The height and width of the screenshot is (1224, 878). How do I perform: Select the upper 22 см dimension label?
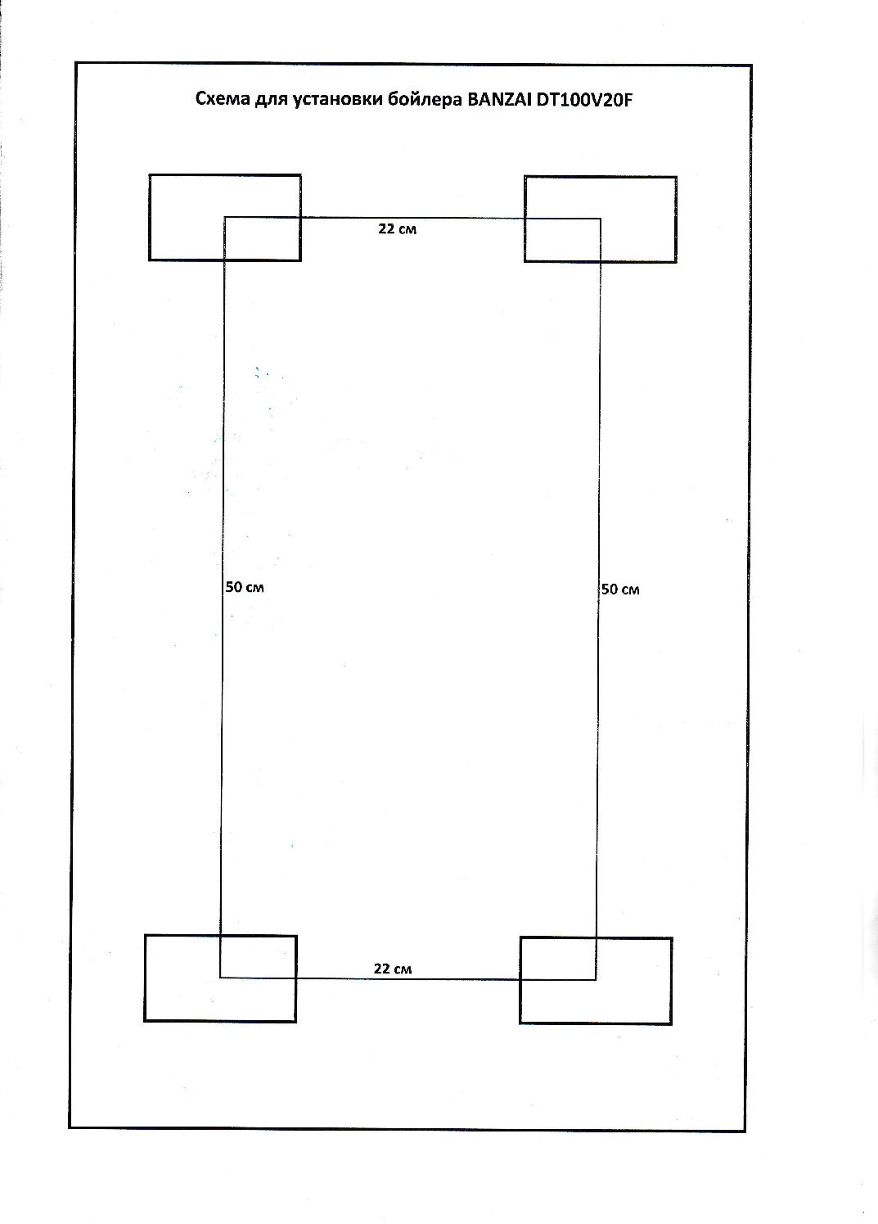click(x=397, y=229)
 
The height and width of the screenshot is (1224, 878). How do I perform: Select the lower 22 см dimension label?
click(x=393, y=969)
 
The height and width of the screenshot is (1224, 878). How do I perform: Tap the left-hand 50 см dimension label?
click(x=245, y=587)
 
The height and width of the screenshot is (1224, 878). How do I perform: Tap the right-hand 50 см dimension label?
click(x=620, y=589)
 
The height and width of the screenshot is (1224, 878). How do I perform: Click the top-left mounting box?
click(x=225, y=175)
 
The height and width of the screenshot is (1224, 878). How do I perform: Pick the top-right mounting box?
click(x=601, y=177)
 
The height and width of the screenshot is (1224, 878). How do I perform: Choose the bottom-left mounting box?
click(x=221, y=936)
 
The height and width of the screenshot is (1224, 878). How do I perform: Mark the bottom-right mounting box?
click(x=596, y=938)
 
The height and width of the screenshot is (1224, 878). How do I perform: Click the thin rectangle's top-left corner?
click(x=224, y=218)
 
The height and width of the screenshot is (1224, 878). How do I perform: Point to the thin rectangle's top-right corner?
click(x=601, y=219)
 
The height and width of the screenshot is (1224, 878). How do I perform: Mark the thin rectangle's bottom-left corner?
click(x=220, y=978)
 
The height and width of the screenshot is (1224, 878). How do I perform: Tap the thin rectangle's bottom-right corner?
click(x=596, y=980)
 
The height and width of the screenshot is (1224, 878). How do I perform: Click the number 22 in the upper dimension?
click(x=386, y=229)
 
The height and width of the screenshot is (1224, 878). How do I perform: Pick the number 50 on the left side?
click(x=234, y=587)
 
